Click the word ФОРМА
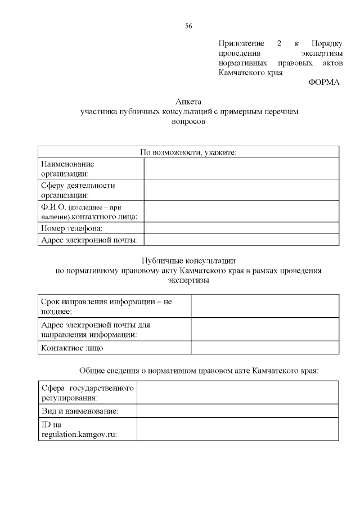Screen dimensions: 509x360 pos(324,82)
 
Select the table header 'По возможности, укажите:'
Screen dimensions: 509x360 pos(188,152)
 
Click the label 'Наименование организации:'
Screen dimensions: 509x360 pos(68,169)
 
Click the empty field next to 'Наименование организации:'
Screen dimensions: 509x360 pos(241,169)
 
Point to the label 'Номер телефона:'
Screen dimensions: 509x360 pos(71,228)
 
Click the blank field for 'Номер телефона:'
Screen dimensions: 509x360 pos(241,228)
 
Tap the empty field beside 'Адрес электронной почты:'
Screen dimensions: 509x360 pos(241,240)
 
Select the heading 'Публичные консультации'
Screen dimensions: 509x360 pos(188,260)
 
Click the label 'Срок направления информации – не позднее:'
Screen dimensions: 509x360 pos(107,307)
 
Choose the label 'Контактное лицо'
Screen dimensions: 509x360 pos(73,348)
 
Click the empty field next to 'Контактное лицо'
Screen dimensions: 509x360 pos(265,348)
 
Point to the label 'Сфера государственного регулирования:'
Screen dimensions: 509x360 pos(87,393)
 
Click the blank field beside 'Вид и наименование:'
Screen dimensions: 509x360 pos(237,411)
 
